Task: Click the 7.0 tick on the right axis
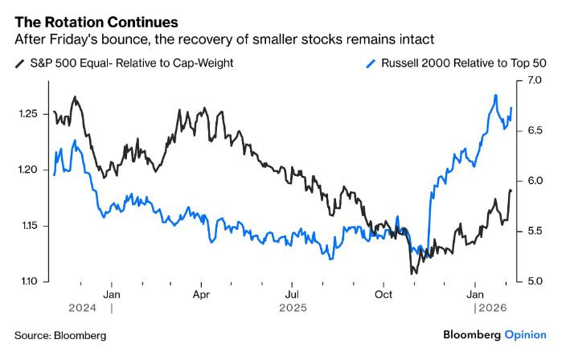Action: coord(537,80)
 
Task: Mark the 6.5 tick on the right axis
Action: coord(537,130)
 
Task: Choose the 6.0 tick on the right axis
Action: coord(537,181)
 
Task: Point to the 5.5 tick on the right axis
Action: coord(537,231)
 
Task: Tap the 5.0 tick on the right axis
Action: coord(537,281)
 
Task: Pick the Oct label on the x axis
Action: coord(383,294)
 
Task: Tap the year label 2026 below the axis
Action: coord(493,308)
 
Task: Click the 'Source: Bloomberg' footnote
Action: coord(59,335)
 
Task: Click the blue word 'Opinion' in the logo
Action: coord(525,334)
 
